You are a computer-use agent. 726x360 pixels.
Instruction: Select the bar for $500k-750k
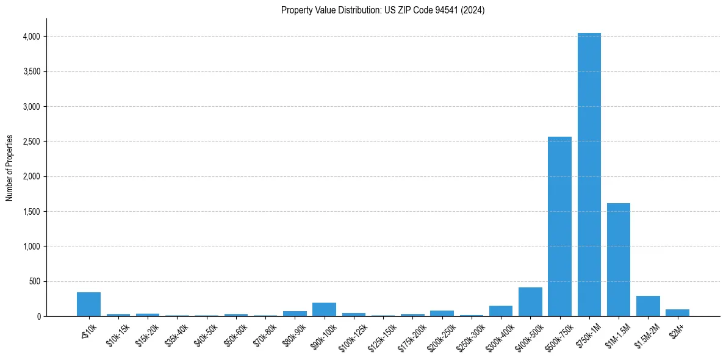pyautogui.click(x=559, y=226)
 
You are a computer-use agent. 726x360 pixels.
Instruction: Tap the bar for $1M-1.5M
pyautogui.click(x=618, y=259)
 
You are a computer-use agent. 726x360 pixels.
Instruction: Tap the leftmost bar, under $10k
pyautogui.click(x=88, y=304)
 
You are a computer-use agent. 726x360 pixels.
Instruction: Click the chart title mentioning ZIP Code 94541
pyautogui.click(x=383, y=10)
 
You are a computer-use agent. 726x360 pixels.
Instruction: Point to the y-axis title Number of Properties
pyautogui.click(x=10, y=168)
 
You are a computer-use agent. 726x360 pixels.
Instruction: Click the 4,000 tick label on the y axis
pyautogui.click(x=31, y=37)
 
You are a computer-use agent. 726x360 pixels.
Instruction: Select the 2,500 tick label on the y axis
pyautogui.click(x=31, y=142)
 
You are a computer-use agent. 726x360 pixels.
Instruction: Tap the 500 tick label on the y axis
pyautogui.click(x=34, y=282)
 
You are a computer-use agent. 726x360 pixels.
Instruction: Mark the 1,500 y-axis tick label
pyautogui.click(x=31, y=212)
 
